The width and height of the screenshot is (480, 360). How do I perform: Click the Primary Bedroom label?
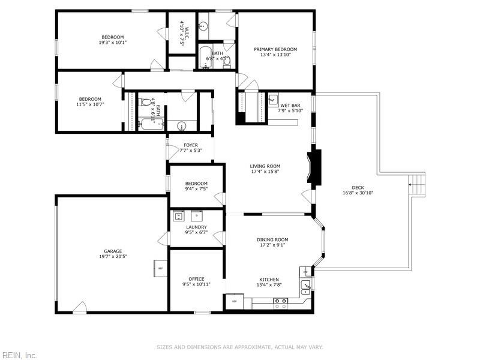275,49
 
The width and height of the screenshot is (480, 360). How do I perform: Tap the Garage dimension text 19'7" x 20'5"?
113,256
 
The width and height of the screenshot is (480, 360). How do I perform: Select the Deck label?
358,187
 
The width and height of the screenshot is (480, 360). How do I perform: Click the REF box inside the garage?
160,268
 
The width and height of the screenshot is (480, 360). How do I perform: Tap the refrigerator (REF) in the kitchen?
234,301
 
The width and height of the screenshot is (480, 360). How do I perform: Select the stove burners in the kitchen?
280,303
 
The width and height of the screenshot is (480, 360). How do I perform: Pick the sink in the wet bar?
274,99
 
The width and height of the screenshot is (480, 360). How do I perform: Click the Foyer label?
191,145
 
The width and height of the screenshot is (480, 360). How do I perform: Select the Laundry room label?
196,227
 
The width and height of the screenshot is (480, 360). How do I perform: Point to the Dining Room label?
272,239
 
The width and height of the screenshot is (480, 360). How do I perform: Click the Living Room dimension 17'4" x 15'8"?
265,172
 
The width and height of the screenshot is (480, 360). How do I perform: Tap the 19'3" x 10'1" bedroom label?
113,42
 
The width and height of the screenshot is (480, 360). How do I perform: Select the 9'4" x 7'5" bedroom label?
196,189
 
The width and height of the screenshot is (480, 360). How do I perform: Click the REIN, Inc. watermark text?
19,355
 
